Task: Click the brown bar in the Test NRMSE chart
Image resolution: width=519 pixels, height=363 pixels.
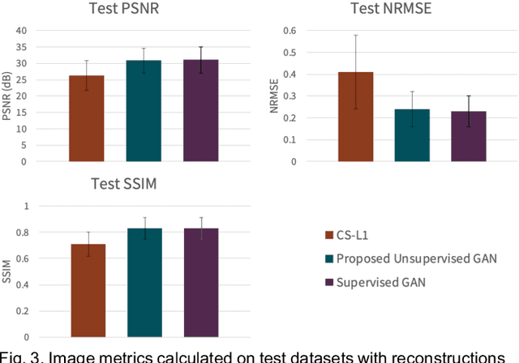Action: point(332,117)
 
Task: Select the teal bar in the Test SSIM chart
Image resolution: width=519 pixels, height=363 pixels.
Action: point(144,283)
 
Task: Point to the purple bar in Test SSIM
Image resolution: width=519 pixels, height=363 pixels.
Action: point(200,283)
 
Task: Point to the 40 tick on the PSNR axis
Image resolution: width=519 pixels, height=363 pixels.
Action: point(44,30)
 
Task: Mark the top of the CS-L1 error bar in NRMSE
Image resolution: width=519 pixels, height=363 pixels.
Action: point(332,35)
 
